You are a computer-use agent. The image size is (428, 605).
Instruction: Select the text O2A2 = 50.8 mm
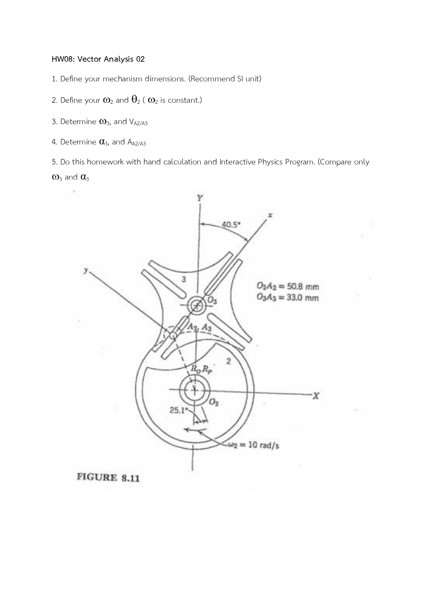pyautogui.click(x=288, y=286)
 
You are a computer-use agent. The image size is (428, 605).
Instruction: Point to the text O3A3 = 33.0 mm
pyautogui.click(x=288, y=298)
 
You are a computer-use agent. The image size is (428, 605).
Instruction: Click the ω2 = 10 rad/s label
pyautogui.click(x=254, y=445)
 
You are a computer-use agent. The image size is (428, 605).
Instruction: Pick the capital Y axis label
pyautogui.click(x=200, y=198)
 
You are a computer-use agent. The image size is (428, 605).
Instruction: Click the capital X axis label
pyautogui.click(x=315, y=396)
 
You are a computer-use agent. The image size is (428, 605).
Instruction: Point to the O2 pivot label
pyautogui.click(x=214, y=402)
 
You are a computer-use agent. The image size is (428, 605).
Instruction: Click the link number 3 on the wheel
pyautogui.click(x=184, y=279)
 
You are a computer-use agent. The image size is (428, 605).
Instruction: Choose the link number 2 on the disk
pyautogui.click(x=228, y=361)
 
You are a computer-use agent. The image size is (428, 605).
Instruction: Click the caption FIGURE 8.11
pyautogui.click(x=108, y=477)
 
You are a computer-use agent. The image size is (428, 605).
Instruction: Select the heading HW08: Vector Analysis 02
pyautogui.click(x=98, y=59)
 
